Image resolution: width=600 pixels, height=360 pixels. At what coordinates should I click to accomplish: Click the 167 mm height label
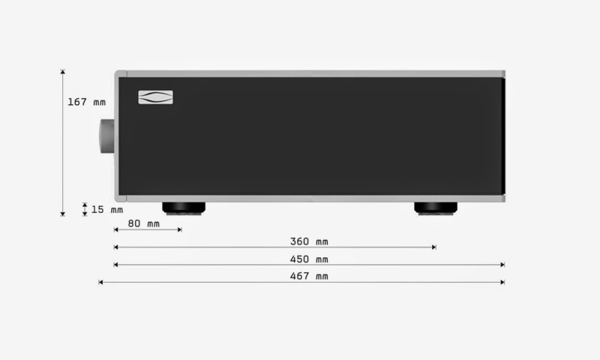coord(86,102)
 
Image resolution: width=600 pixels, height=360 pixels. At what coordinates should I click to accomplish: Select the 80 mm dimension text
coord(143,223)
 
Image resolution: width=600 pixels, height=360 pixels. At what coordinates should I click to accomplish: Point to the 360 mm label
coord(309,241)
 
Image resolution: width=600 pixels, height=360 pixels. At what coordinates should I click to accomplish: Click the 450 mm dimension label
coord(309,259)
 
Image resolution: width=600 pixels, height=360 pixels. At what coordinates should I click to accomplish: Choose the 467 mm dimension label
coord(309,277)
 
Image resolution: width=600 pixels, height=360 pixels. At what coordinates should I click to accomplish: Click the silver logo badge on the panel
coord(155,97)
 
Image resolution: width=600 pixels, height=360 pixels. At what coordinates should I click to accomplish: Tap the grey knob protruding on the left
coord(106,135)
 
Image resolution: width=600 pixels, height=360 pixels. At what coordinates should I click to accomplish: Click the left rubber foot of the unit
coord(184,208)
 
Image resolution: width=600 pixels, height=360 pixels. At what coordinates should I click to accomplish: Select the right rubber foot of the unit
coord(436,208)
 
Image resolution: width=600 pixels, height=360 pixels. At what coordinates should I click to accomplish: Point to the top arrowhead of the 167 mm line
coord(63,72)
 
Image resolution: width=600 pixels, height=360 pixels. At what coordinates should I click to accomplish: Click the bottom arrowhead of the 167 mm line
coord(63,214)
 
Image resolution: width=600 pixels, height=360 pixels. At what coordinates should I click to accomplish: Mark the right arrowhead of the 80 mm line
coord(179,229)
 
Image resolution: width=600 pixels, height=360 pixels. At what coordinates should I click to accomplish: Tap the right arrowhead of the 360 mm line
coord(433,247)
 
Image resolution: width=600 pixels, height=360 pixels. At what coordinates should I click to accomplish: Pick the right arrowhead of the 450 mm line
coord(502,265)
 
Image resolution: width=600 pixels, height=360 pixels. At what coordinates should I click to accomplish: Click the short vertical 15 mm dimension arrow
coord(85,209)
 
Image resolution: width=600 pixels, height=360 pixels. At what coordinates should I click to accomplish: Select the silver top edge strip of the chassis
coord(309,73)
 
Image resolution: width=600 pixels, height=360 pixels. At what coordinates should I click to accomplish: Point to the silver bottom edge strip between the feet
coord(309,199)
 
